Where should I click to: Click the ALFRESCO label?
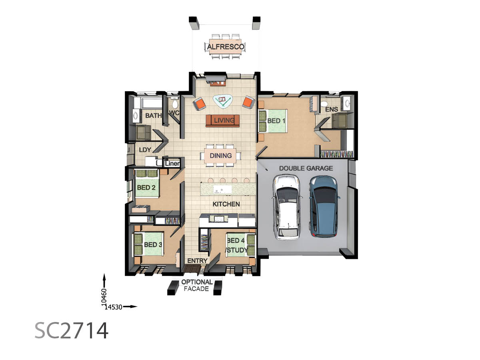click(225, 47)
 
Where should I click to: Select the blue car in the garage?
click(324, 206)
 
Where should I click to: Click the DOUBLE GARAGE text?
click(306, 168)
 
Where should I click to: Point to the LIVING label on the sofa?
click(224, 120)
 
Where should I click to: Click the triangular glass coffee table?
click(223, 101)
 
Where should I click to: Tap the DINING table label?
click(221, 156)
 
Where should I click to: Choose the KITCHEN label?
click(226, 204)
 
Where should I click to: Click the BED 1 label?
click(276, 121)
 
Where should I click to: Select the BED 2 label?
click(146, 188)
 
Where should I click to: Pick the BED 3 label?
click(153, 244)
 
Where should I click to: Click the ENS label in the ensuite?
click(332, 109)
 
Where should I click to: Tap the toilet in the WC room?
click(175, 104)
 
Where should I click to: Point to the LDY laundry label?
click(145, 150)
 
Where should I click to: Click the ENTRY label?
click(197, 261)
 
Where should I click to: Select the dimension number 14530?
click(113, 307)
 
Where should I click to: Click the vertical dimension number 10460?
click(104, 296)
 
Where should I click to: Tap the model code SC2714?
click(71, 331)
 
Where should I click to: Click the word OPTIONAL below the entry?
click(197, 282)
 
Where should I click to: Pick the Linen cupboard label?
click(172, 164)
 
